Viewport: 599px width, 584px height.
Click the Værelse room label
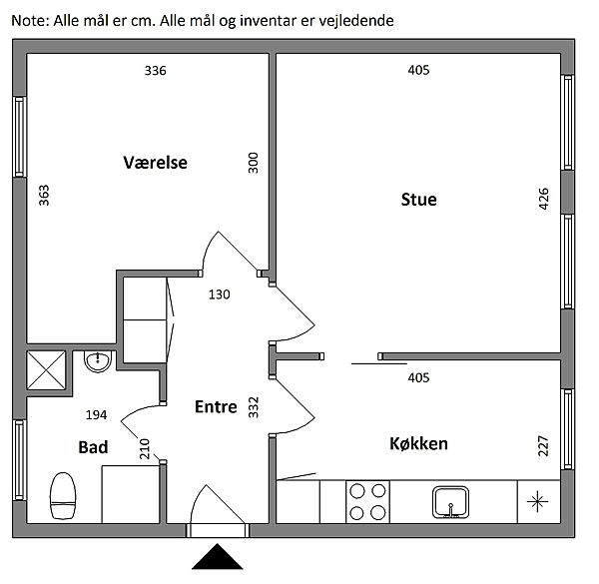(155, 163)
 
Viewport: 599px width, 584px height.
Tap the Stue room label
(418, 200)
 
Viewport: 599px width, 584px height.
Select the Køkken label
(418, 444)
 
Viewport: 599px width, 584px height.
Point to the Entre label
(216, 406)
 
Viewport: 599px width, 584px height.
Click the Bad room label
(93, 447)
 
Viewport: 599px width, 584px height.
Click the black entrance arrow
(218, 557)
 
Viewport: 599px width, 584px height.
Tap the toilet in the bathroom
(63, 496)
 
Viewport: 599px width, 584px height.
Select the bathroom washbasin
(98, 361)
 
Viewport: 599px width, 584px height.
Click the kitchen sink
(451, 502)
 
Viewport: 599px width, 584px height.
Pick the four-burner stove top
(367, 501)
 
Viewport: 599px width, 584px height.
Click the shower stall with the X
(46, 370)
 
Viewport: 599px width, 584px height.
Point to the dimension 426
(543, 199)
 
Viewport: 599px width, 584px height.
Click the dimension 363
(44, 196)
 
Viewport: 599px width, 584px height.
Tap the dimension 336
(156, 71)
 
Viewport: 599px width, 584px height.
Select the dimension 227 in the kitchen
(543, 446)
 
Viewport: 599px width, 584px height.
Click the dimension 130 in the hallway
(220, 294)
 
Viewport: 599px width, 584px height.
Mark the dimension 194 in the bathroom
(96, 415)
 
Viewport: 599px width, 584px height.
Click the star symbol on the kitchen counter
(537, 501)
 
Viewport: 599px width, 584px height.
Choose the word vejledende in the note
(356, 21)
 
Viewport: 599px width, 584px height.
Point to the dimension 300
(254, 163)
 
